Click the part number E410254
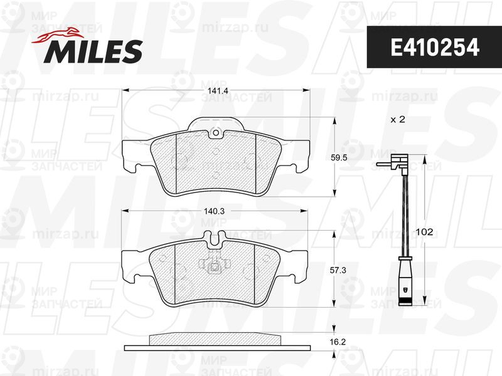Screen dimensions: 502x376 tap(435, 48)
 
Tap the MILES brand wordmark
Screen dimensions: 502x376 tap(93, 51)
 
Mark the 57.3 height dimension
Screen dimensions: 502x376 tap(338, 270)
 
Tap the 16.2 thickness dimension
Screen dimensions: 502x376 tap(338, 342)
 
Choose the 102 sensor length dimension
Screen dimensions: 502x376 tap(424, 232)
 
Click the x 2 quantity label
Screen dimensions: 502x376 tap(398, 120)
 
